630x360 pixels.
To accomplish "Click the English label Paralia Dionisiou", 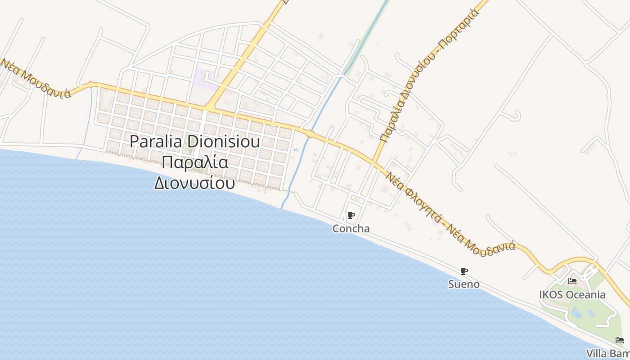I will (x=195, y=141).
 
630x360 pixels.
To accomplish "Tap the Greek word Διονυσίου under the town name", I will (x=194, y=183).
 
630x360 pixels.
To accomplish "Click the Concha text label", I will (x=351, y=229).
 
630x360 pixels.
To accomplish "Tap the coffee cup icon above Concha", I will (x=351, y=215).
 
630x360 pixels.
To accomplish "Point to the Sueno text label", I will (x=463, y=284).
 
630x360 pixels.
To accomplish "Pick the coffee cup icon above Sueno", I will (x=464, y=271).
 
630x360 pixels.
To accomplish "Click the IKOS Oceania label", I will (x=572, y=295).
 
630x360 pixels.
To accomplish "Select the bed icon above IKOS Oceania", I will (x=572, y=281).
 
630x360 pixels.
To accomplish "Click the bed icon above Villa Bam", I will (x=620, y=340).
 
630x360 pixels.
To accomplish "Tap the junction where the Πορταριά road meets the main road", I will (x=373, y=162).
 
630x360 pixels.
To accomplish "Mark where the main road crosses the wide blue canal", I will (x=310, y=134).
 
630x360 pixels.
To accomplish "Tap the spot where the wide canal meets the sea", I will (x=283, y=207).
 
